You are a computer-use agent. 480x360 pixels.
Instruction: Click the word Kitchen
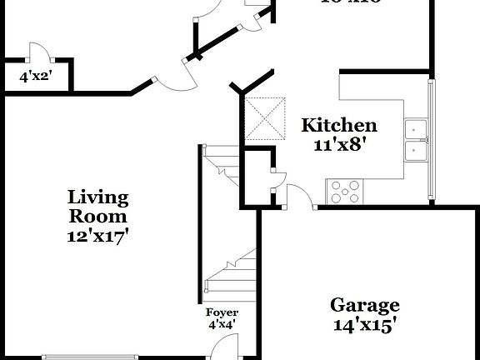pos(338,126)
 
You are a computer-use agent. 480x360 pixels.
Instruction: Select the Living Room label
pos(98,206)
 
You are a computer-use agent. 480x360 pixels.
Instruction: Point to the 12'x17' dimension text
pos(98,235)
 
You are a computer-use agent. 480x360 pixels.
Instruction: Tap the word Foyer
pos(222,312)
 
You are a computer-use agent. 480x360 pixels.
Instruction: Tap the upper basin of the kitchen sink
pos(415,129)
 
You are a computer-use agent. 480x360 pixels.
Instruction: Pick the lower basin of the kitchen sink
pos(415,151)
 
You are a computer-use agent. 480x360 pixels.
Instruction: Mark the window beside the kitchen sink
pos(431,142)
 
